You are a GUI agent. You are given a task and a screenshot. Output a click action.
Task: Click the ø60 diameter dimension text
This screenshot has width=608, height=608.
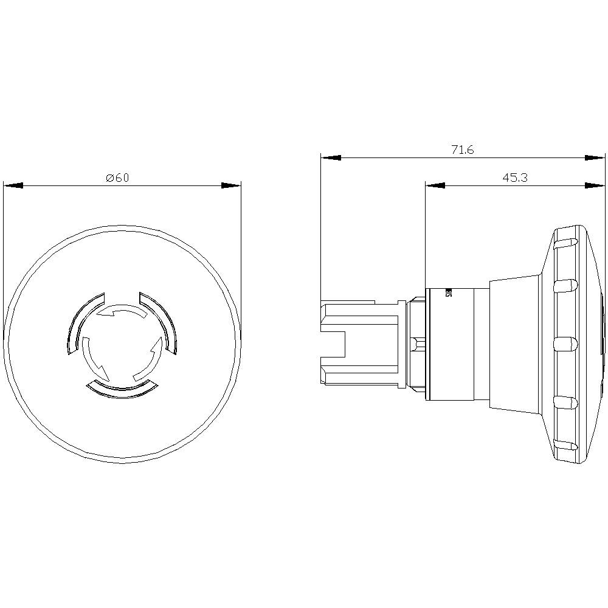(117, 178)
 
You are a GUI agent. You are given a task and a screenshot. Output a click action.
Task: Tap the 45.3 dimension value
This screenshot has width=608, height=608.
(514, 178)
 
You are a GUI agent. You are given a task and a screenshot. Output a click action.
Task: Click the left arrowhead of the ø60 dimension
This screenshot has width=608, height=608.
(13, 185)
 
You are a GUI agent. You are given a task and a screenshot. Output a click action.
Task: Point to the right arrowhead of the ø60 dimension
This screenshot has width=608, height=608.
(231, 185)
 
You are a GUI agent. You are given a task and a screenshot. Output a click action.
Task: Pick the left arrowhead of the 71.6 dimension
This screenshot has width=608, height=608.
(331, 158)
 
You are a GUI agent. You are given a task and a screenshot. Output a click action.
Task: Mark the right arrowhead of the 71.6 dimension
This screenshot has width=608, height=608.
(595, 158)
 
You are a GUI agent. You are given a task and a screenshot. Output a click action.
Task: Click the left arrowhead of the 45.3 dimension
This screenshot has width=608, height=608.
(435, 185)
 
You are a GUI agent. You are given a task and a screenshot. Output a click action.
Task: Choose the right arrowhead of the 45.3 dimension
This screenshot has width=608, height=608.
(595, 185)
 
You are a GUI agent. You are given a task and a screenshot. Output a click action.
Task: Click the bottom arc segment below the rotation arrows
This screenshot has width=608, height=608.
(122, 389)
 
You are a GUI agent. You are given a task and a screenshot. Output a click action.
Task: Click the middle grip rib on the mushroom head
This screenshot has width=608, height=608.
(565, 344)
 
